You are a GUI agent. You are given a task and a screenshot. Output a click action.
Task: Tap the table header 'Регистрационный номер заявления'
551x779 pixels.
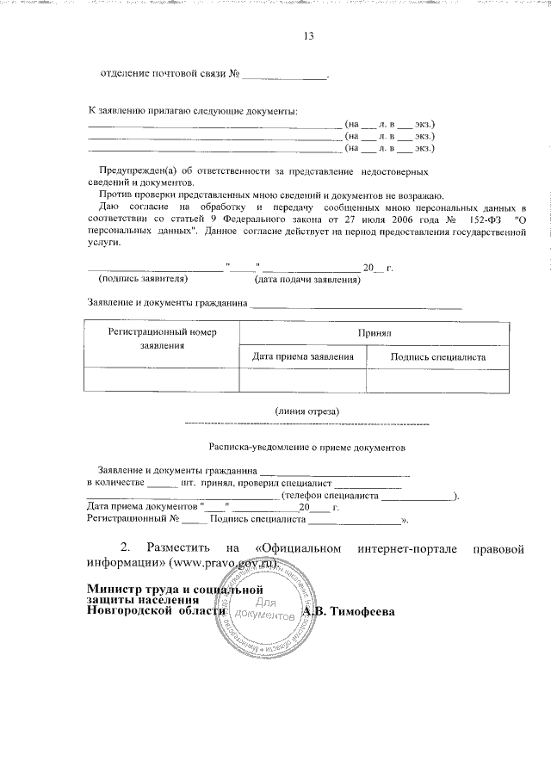tap(162, 337)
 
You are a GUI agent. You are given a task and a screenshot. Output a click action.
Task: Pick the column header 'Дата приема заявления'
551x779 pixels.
tap(303, 355)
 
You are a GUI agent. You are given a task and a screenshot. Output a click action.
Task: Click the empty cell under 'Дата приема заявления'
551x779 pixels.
tap(303, 379)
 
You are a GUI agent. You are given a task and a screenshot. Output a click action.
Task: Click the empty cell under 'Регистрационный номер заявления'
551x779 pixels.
tap(162, 379)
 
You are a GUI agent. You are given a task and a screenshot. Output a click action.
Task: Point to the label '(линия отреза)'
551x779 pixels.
tap(307, 411)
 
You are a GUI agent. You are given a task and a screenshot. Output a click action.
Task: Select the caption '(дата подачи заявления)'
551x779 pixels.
tap(306, 281)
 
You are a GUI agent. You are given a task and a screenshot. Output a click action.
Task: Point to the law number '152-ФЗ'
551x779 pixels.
tap(477, 220)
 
